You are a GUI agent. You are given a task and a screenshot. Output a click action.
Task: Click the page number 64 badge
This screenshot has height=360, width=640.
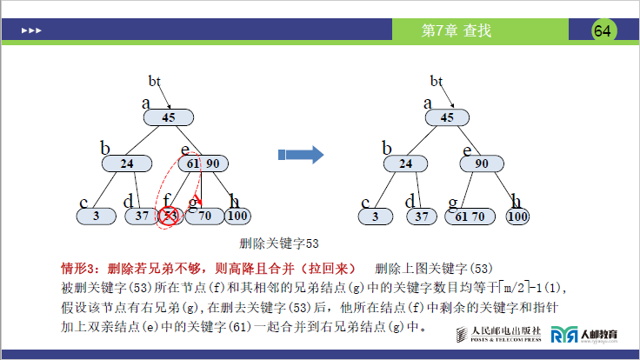(603, 31)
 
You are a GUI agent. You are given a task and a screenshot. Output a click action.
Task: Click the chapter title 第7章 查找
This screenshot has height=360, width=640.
(456, 31)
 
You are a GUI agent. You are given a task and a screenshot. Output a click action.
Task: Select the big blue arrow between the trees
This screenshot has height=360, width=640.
(300, 155)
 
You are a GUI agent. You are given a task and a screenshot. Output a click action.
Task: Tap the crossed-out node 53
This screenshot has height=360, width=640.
(169, 216)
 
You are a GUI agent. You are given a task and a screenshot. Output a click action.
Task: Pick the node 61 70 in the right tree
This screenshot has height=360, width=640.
(470, 216)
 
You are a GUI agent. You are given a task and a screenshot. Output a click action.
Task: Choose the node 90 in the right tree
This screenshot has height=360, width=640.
(481, 163)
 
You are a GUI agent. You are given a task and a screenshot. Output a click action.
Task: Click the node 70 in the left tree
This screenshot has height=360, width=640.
(204, 216)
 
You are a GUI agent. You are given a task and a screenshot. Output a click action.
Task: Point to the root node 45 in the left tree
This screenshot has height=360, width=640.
(169, 117)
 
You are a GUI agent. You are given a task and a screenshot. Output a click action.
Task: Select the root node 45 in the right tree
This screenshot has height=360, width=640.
(447, 117)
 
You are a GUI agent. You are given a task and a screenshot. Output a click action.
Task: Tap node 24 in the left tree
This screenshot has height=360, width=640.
(127, 163)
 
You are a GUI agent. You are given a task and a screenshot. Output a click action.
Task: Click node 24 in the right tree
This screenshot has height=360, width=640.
(406, 163)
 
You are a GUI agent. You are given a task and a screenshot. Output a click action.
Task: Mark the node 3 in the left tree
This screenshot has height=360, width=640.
(97, 216)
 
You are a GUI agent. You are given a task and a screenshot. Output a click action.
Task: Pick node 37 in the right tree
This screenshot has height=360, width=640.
(421, 216)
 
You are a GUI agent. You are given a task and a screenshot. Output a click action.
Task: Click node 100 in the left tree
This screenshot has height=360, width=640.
(237, 216)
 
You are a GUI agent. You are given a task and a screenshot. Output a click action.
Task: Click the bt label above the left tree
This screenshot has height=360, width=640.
(156, 81)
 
